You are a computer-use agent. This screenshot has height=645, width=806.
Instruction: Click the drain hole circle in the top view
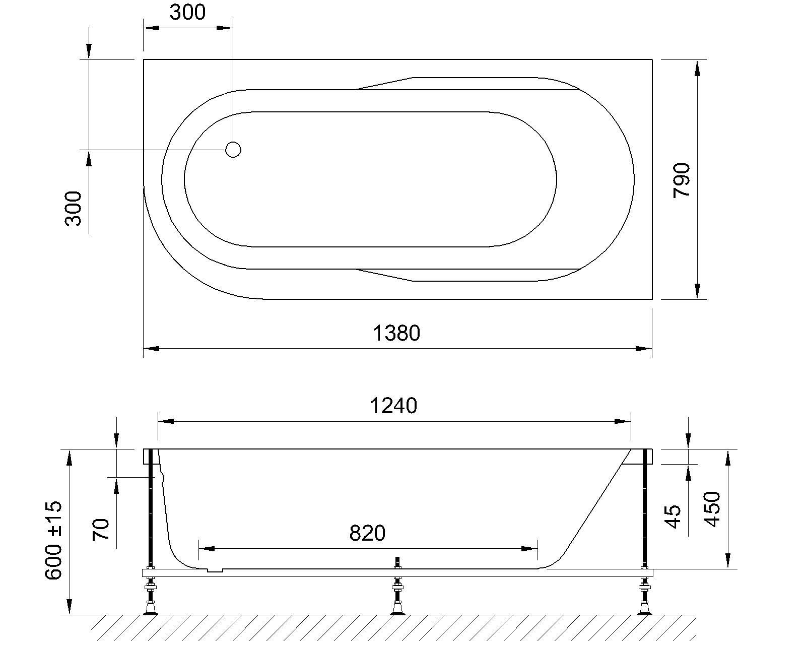pos(233,150)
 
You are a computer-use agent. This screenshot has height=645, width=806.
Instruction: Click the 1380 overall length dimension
pos(396,333)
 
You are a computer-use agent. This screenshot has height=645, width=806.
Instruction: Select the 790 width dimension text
pos(682,180)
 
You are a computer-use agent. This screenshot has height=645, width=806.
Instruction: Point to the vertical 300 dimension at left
pos(74,208)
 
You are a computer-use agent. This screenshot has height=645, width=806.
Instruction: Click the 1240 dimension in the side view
pos(393,406)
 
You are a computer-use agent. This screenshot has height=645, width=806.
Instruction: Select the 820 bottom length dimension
pos(367,533)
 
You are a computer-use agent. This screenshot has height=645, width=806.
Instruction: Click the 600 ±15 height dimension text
pos(54,540)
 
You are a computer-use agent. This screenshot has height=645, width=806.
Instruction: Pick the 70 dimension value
pos(101,529)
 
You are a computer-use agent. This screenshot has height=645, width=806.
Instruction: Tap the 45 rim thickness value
pos(674,517)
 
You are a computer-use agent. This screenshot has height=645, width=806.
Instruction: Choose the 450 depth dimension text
pos(712,509)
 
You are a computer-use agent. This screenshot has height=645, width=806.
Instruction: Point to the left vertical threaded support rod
pos(150,509)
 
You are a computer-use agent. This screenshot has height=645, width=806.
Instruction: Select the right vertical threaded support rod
pos(644,509)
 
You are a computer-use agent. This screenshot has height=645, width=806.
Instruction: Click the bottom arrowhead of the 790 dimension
pos(697,291)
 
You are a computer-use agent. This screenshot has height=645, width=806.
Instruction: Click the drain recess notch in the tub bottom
pos(215,570)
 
